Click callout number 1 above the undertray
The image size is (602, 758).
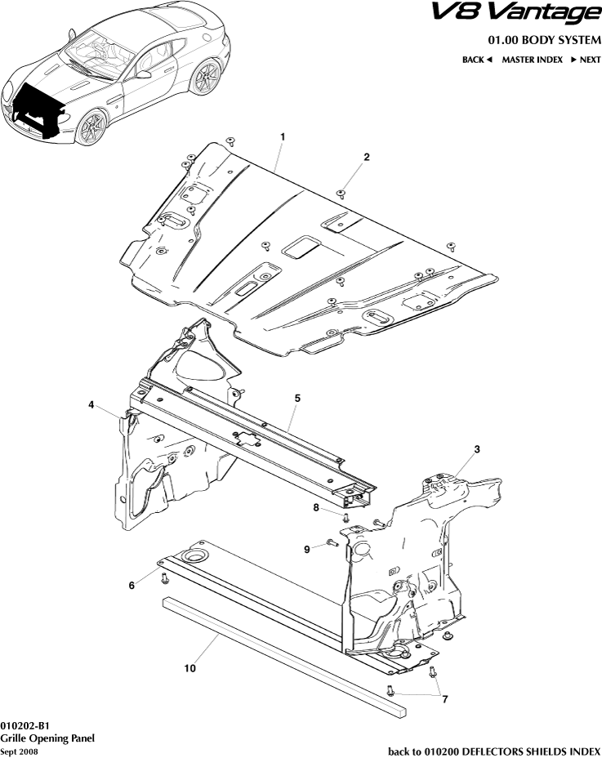(x=283, y=136)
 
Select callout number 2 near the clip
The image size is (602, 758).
(x=367, y=157)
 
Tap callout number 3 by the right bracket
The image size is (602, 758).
(x=477, y=449)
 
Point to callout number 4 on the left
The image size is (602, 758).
(x=92, y=404)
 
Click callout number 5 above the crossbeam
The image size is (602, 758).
(x=297, y=398)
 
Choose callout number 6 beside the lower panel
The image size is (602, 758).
(x=132, y=586)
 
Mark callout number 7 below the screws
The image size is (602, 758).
(x=444, y=699)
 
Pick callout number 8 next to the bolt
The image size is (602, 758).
(x=317, y=508)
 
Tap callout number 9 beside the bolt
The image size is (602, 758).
(x=307, y=550)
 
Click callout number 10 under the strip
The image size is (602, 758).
(x=190, y=668)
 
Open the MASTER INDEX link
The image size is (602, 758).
(x=532, y=60)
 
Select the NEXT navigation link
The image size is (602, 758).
(x=586, y=60)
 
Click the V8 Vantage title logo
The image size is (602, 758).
(x=526, y=14)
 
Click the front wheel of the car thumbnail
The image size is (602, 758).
(x=92, y=128)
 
